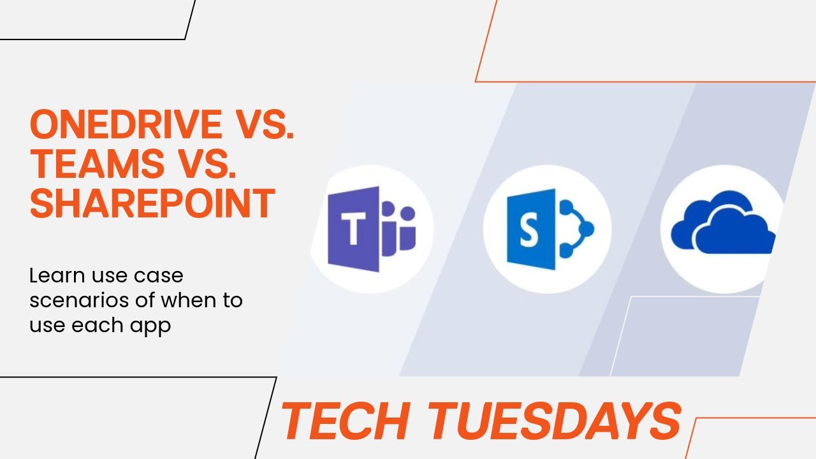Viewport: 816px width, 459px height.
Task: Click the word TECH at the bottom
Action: (x=345, y=421)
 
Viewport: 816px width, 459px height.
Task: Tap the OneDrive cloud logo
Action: (x=724, y=226)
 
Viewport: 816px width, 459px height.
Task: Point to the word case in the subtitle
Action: (x=161, y=276)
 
